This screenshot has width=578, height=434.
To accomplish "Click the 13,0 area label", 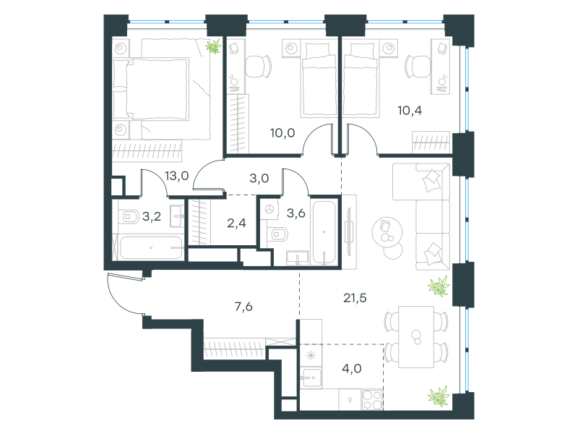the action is coord(176,176).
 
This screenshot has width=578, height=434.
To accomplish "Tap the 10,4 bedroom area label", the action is coord(410,111).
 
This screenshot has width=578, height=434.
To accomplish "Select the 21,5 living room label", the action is coord(355,297).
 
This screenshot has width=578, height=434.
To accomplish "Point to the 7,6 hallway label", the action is coord(243,306).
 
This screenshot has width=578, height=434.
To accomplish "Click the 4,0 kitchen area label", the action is coord(352,368).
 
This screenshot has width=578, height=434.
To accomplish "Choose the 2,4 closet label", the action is coord(236,223).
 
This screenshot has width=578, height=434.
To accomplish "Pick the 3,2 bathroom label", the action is coord(152,216).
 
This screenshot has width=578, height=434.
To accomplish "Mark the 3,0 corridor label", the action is coord(259,179).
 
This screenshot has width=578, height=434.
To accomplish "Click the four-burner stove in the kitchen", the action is coord(372,400).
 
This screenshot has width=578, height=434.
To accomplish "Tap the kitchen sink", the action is coord(311,378).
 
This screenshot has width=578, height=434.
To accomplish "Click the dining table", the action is coord(416,336).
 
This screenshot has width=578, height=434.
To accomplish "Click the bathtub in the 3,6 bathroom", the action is coord(324,232).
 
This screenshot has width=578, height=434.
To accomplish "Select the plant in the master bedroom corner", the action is coord(213,47).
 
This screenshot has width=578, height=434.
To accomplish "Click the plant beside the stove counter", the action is coord(439,396).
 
